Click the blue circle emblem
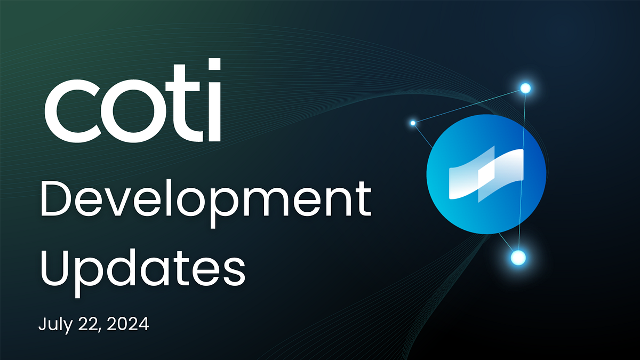click(x=486, y=174)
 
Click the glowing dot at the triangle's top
click(x=525, y=89)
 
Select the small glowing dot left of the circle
click(x=413, y=123)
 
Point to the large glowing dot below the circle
click(x=518, y=258)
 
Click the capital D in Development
click(x=57, y=199)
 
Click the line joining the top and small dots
click(x=469, y=106)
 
